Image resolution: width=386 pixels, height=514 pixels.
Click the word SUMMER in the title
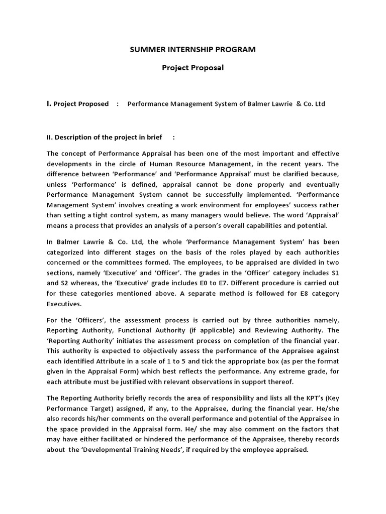point(146,49)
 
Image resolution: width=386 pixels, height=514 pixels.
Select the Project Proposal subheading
point(193,68)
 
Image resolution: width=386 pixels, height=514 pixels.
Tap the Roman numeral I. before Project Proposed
point(49,104)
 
